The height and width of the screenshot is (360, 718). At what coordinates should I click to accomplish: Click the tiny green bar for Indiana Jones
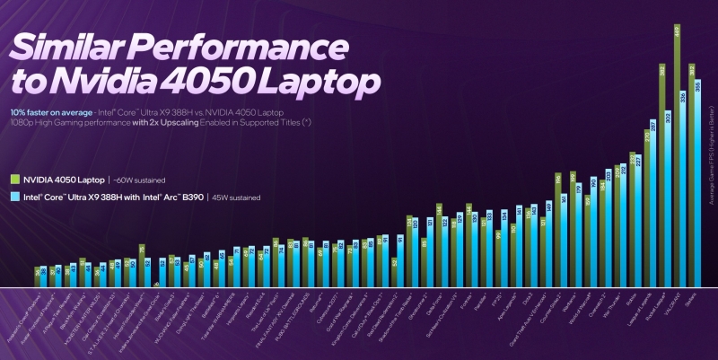(x=157, y=285)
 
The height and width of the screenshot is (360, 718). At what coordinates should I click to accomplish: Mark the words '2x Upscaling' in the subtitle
(x=161, y=120)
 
